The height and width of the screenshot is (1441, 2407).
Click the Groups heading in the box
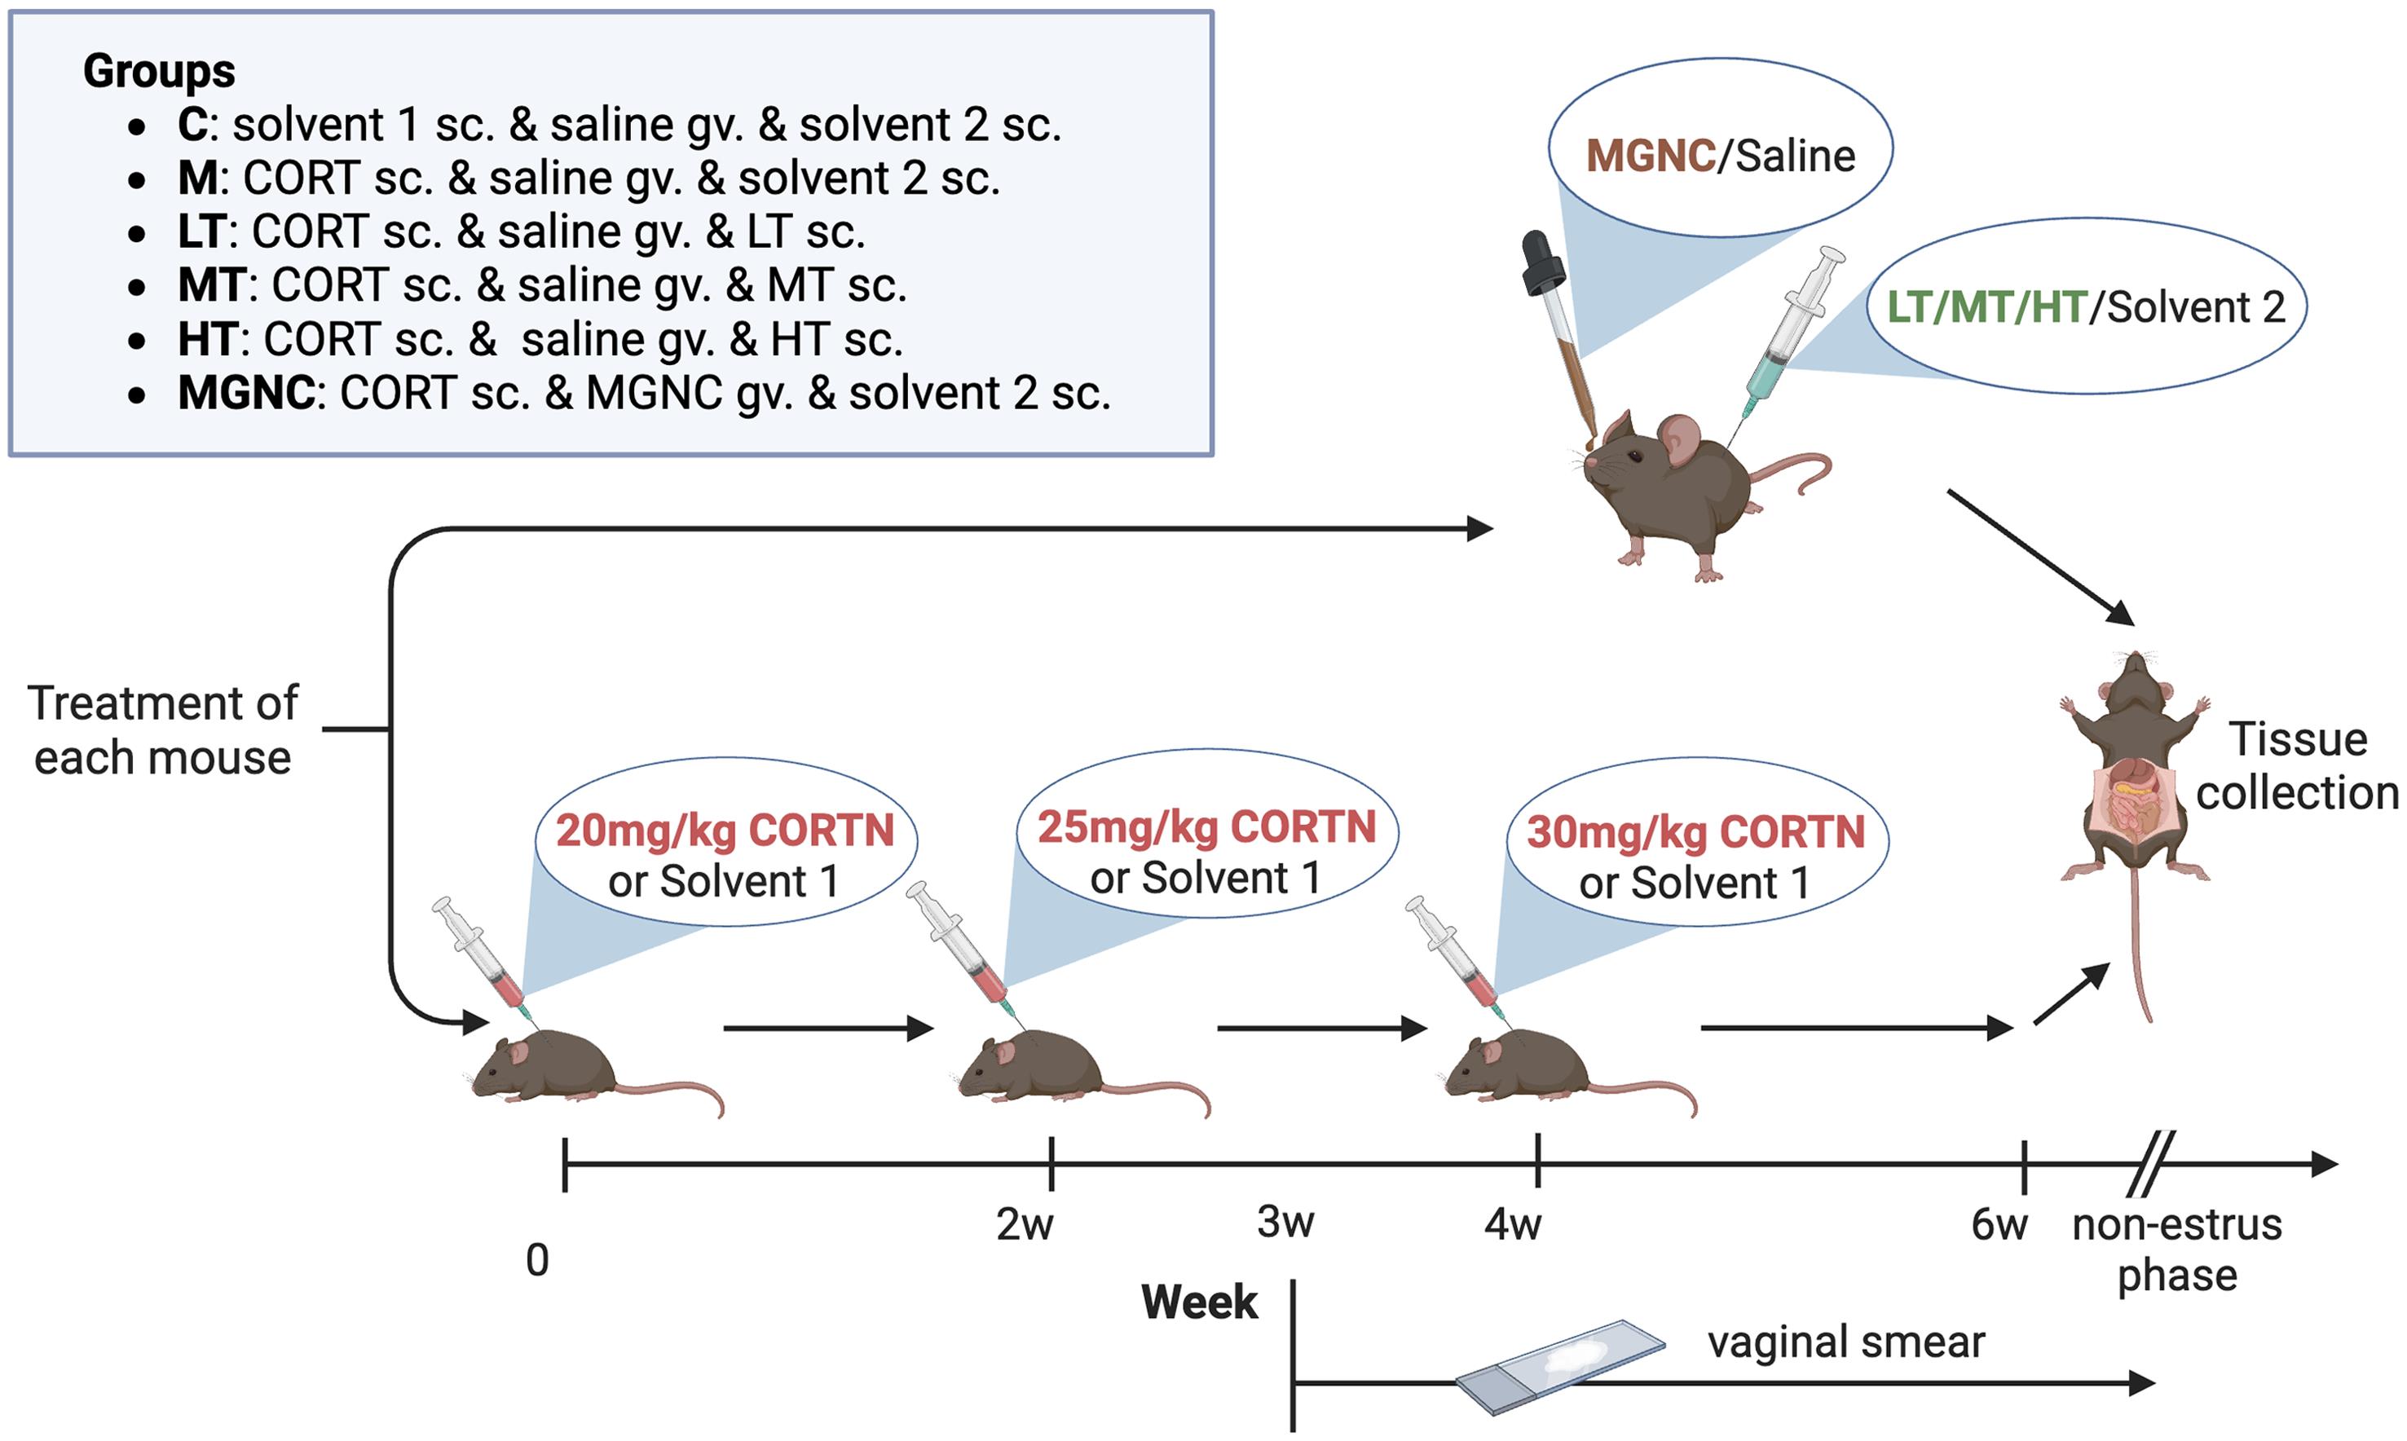(158, 71)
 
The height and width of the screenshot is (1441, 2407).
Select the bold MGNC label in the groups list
(245, 394)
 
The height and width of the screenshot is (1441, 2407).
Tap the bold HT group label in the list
(206, 340)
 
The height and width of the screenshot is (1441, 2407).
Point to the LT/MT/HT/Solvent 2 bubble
(2085, 306)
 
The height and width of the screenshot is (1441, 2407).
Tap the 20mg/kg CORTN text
(725, 831)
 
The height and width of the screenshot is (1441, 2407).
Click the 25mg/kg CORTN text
(1206, 827)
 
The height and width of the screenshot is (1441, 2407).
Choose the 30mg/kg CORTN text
(1695, 833)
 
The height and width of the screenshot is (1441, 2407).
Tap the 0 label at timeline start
(537, 1260)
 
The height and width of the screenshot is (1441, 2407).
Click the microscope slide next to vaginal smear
(1560, 1365)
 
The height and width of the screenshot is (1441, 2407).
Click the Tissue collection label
(2296, 766)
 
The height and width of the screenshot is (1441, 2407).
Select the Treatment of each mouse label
(162, 730)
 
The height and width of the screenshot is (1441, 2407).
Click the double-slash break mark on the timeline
(2149, 1163)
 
